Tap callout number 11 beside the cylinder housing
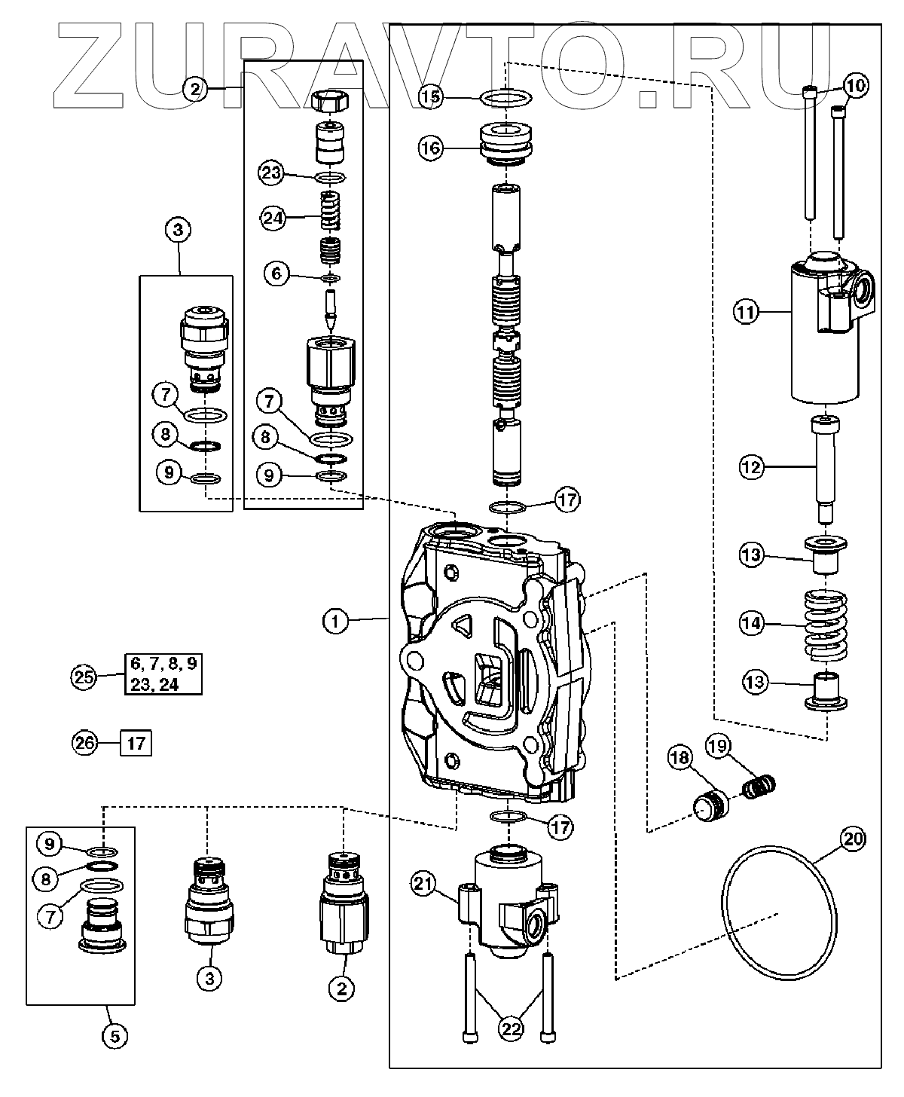coord(747,311)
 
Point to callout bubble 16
coord(432,148)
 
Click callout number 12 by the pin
coord(751,467)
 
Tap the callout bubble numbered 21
coord(423,884)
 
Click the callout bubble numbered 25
coord(84,676)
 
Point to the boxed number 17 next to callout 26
coord(136,743)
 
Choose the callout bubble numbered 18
coord(680,757)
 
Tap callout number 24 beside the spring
coord(273,218)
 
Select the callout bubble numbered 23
coord(271,173)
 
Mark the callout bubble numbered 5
coord(115,1037)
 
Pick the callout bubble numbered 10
coord(856,86)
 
